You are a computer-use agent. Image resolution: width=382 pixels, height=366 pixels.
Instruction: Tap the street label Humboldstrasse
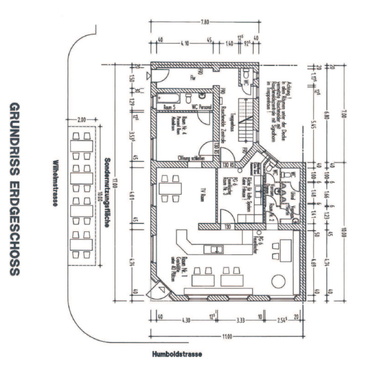pyautogui.click(x=176, y=353)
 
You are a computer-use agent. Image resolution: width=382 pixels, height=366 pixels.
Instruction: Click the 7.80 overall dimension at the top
pyautogui.click(x=206, y=22)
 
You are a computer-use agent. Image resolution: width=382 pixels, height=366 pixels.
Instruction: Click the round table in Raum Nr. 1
pyautogui.click(x=279, y=282)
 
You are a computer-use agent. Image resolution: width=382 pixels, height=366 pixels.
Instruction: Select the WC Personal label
pyautogui.click(x=201, y=106)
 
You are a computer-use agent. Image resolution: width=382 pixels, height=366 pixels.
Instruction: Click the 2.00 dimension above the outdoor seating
pyautogui.click(x=81, y=119)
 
